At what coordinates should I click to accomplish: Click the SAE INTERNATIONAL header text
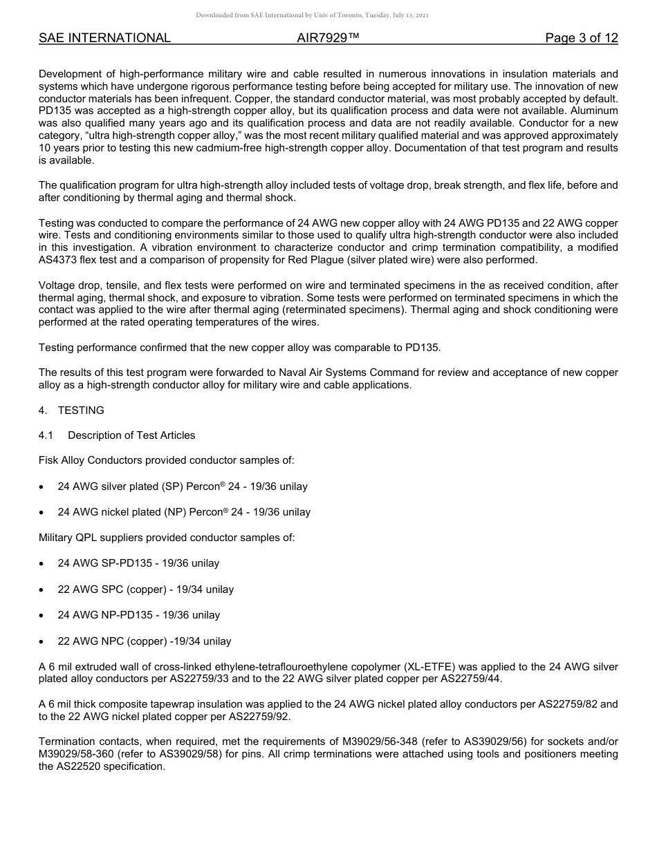point(104,38)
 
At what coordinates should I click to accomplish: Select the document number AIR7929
point(328,38)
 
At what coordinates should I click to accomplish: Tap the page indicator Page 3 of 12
point(581,38)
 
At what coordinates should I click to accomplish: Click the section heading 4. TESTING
point(72,410)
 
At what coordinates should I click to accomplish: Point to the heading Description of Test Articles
point(131,435)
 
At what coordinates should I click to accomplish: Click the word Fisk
point(50,460)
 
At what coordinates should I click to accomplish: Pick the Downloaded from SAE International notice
point(313,15)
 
